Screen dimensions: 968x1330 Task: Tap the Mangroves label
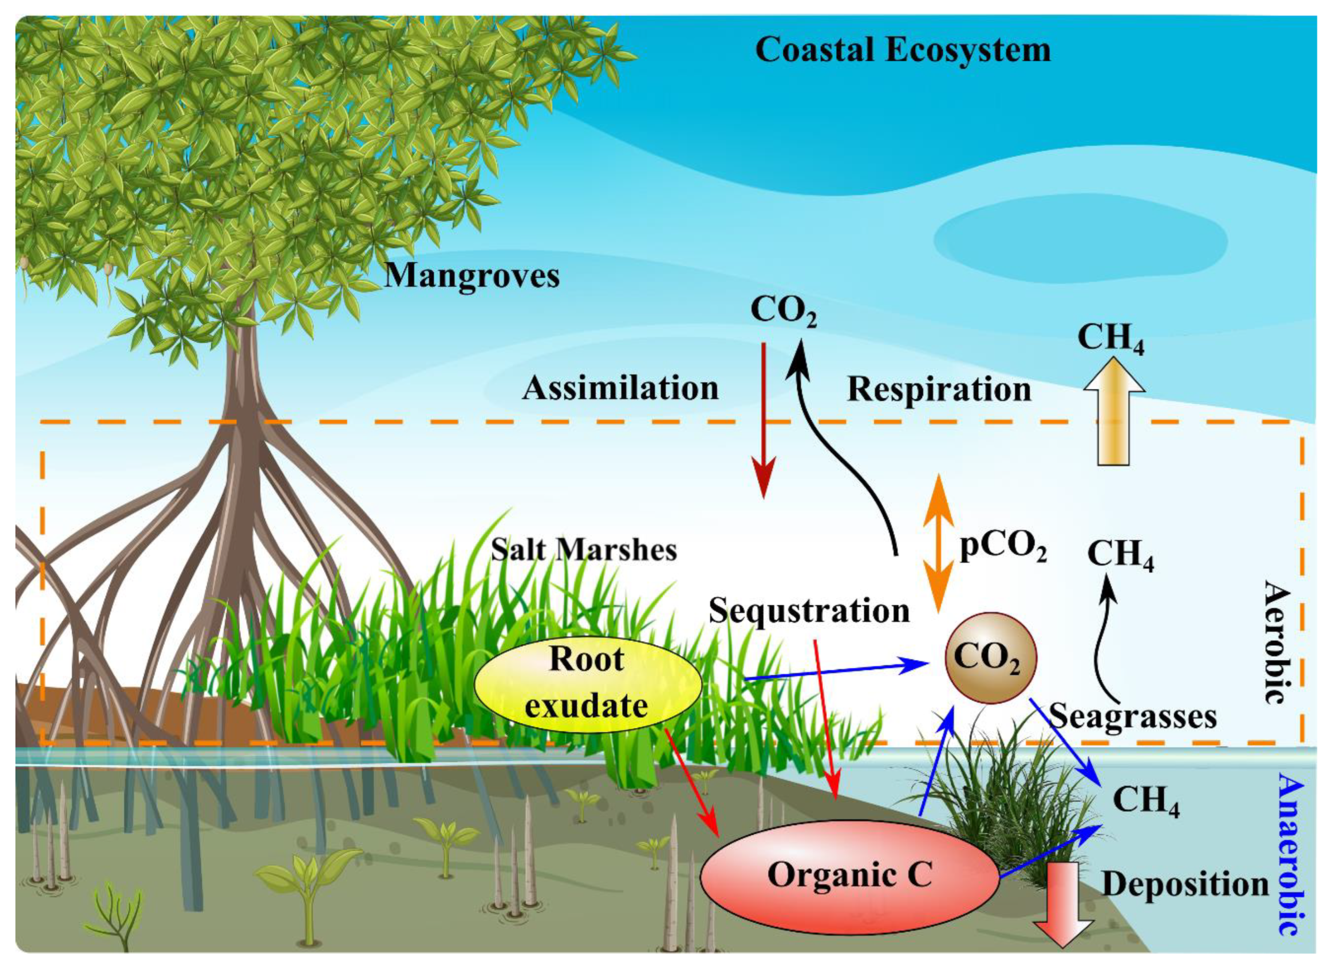(472, 275)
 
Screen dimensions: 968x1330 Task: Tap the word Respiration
(938, 390)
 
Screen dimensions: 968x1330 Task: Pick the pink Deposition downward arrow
(1063, 914)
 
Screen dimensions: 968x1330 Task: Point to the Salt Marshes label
(583, 550)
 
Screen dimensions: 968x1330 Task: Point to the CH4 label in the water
(1145, 801)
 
